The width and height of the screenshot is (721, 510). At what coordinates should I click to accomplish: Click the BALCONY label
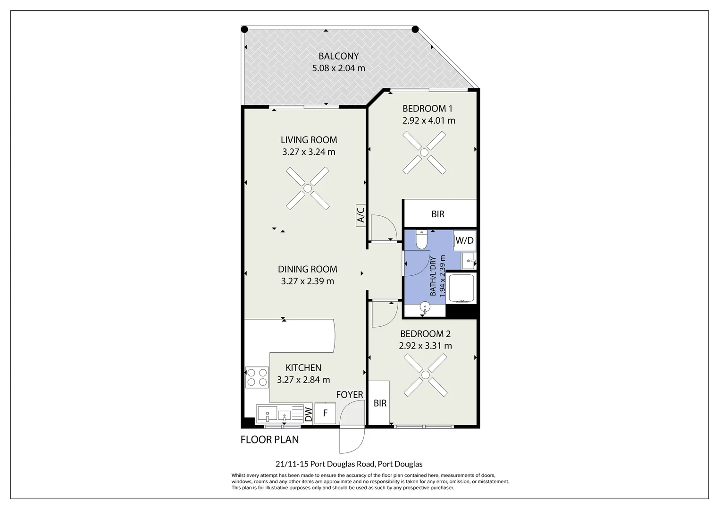click(338, 56)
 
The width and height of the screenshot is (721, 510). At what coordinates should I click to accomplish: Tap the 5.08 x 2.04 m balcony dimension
click(338, 68)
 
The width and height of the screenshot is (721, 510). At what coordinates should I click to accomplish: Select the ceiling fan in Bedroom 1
click(424, 152)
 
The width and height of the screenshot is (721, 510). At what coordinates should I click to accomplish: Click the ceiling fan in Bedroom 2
click(425, 375)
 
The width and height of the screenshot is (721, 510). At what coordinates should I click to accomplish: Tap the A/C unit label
click(361, 214)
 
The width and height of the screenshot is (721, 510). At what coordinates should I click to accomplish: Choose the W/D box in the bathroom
click(464, 240)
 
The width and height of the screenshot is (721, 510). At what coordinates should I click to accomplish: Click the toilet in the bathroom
click(421, 239)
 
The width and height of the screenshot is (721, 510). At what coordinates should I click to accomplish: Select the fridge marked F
click(325, 413)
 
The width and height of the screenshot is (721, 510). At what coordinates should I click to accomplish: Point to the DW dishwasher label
click(308, 414)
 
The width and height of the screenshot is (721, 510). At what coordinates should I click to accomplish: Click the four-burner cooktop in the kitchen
click(257, 377)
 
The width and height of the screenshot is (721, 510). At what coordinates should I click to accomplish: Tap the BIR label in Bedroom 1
click(438, 214)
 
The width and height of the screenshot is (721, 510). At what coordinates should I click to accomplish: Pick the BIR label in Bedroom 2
click(380, 403)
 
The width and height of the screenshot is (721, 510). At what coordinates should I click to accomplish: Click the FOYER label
click(350, 395)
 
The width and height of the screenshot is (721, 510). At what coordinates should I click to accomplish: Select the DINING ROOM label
click(308, 269)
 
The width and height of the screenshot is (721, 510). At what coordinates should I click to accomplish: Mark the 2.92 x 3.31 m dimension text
click(425, 346)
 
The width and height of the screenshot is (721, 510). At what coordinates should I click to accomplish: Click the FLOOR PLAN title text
click(269, 440)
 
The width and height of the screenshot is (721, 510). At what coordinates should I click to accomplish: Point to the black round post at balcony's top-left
click(244, 29)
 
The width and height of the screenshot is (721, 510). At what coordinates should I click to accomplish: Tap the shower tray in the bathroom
click(461, 288)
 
